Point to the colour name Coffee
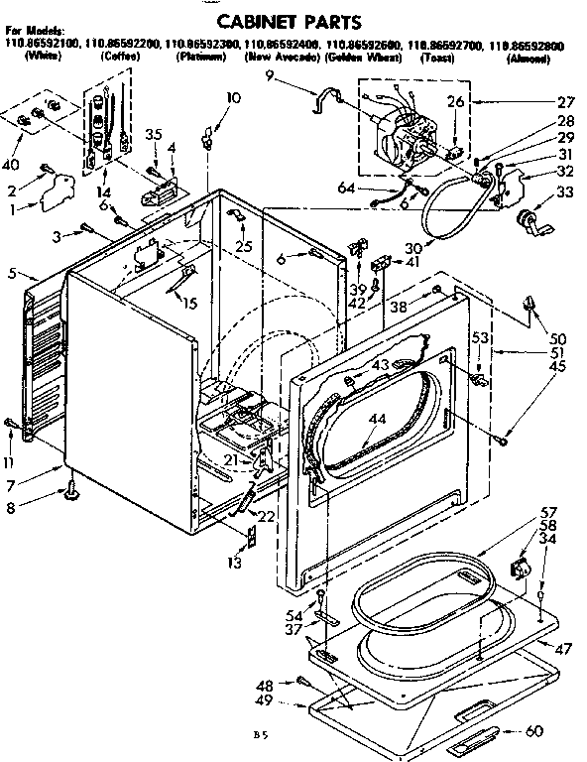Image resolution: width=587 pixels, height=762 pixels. click(x=120, y=59)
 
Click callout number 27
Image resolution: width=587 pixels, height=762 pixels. click(x=566, y=101)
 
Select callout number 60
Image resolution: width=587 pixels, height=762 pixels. click(x=562, y=732)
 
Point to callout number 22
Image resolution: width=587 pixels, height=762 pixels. click(x=266, y=516)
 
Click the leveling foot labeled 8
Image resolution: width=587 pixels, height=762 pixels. click(x=72, y=488)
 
